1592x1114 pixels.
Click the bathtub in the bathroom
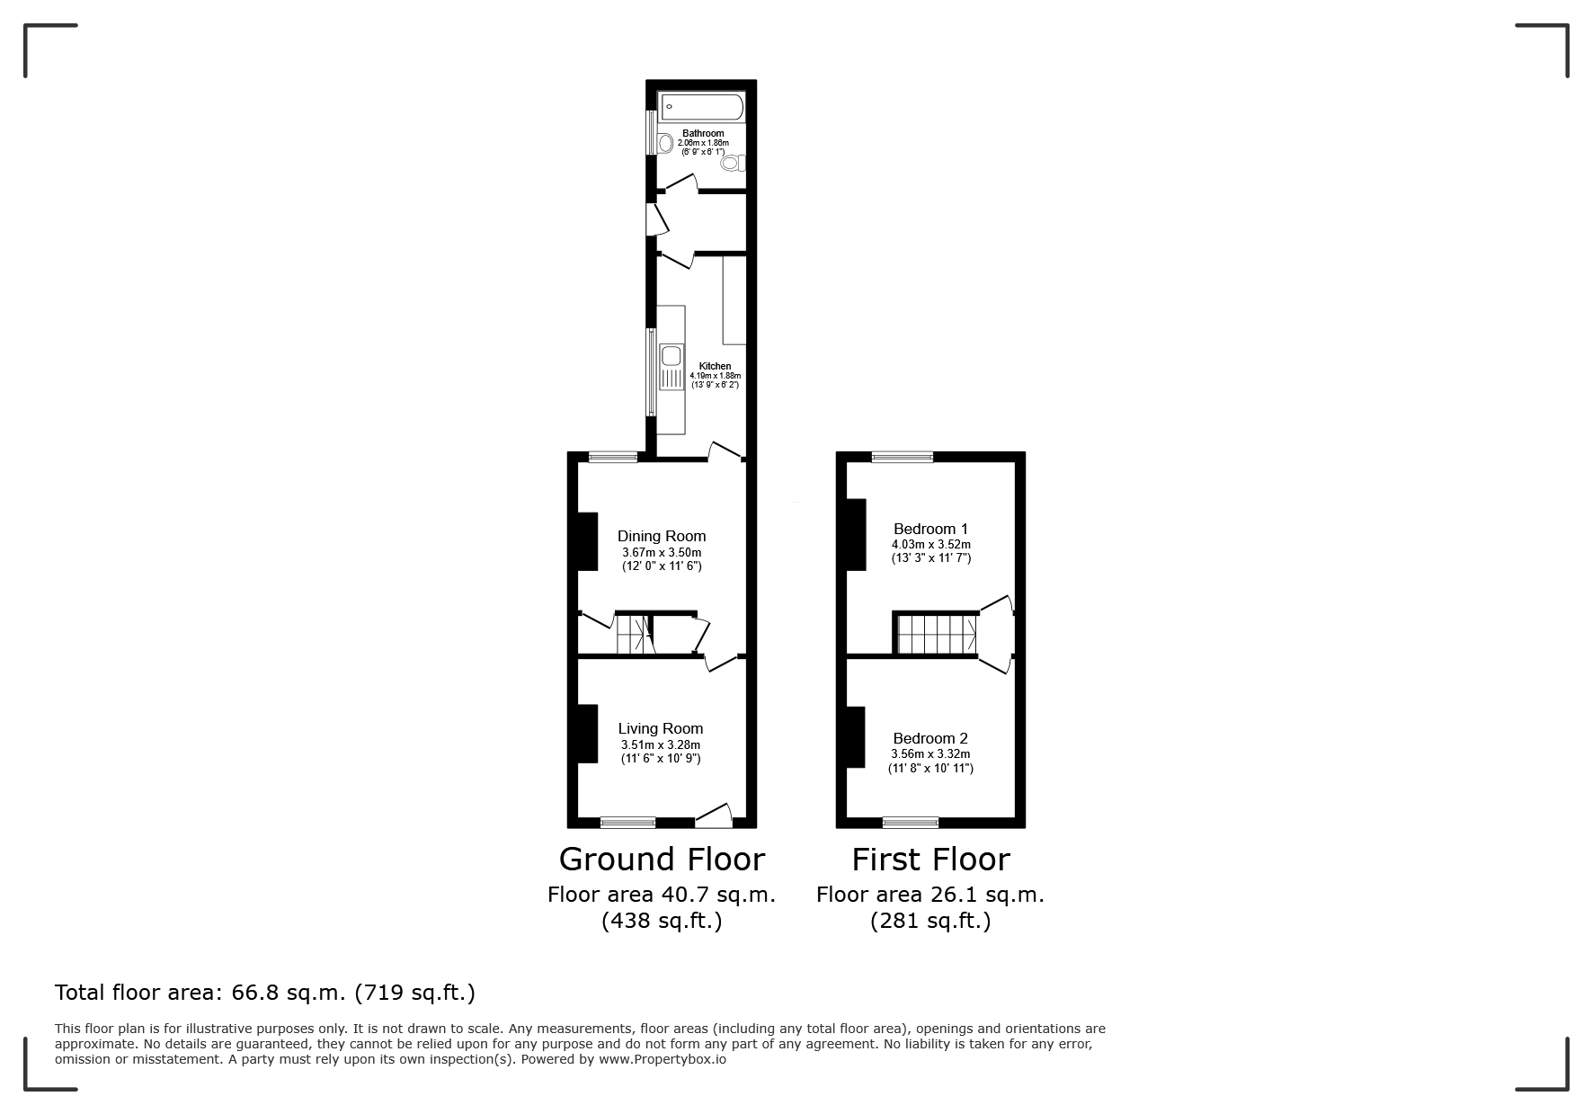(702, 107)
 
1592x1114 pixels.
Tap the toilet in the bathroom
(733, 163)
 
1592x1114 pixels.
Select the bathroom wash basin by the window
(664, 143)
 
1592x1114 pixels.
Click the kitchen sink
(671, 367)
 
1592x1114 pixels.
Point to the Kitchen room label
(716, 366)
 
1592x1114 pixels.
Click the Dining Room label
(662, 536)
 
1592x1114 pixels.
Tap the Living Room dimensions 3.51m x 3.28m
(661, 744)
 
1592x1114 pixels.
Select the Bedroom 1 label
(930, 529)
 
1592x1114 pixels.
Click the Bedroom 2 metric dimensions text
(930, 753)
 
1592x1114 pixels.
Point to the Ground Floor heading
(662, 859)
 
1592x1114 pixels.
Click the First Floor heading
(930, 859)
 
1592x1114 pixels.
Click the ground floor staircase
(635, 634)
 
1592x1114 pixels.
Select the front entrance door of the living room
(714, 815)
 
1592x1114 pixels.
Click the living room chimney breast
(587, 734)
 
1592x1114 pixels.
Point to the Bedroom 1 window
(903, 457)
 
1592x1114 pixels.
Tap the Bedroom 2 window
(911, 822)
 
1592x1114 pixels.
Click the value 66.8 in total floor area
(257, 993)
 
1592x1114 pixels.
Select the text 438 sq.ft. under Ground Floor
(662, 922)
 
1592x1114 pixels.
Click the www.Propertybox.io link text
(663, 1059)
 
